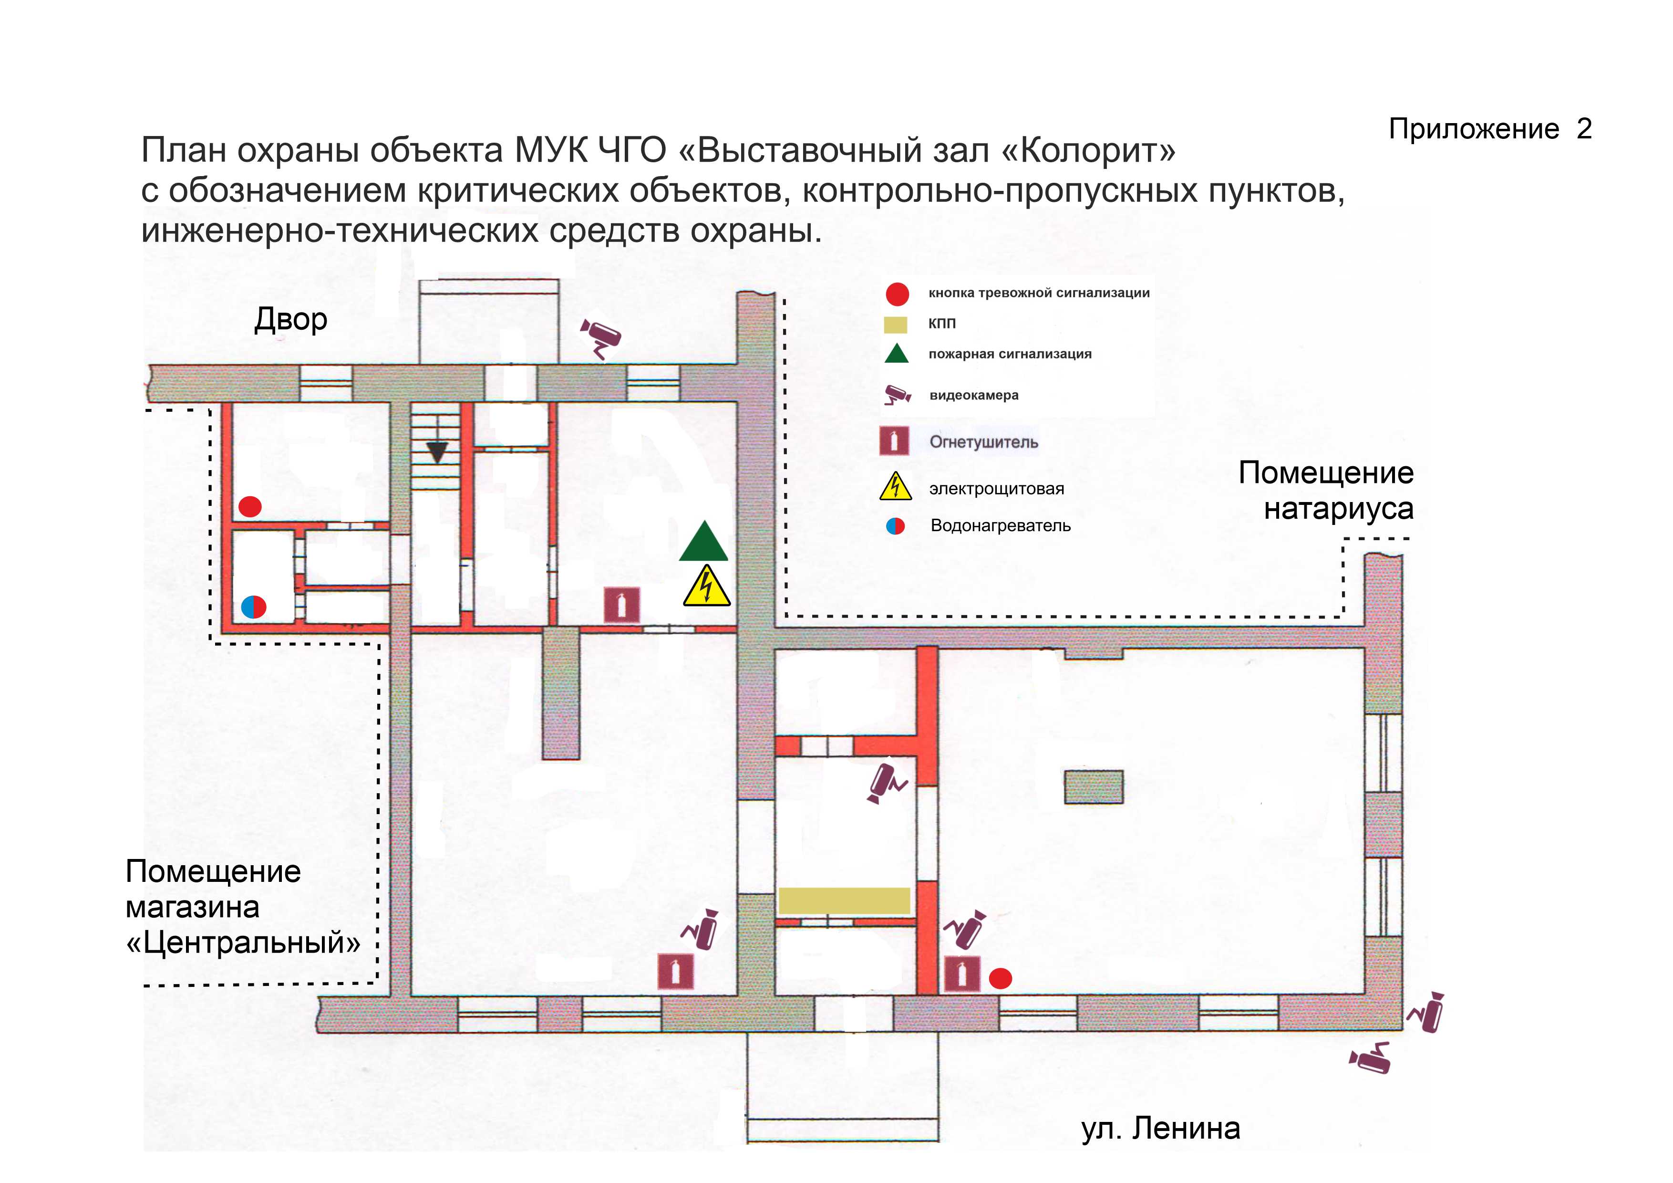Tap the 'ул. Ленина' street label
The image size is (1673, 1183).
point(1160,1128)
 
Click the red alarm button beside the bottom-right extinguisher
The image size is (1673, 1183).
point(1001,978)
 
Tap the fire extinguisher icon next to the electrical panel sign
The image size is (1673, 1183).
point(621,604)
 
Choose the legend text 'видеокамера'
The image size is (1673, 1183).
point(973,396)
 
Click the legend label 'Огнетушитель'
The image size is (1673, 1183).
point(983,442)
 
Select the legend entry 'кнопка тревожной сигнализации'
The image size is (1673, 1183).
point(1038,293)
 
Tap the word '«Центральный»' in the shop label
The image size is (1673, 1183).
point(243,942)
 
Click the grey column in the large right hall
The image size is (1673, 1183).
point(1093,787)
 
